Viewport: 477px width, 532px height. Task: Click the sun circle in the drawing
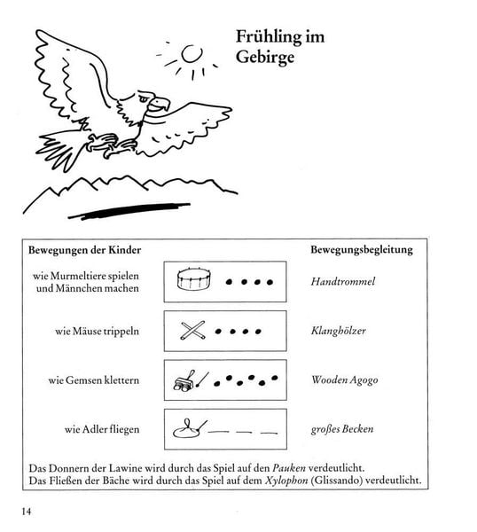click(x=192, y=54)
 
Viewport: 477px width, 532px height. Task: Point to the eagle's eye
click(x=143, y=98)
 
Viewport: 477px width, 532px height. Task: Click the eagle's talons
click(x=108, y=145)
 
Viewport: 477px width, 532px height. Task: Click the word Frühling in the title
click(x=268, y=37)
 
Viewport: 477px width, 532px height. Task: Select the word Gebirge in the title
click(x=265, y=57)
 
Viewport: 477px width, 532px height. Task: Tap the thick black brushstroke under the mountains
click(x=129, y=211)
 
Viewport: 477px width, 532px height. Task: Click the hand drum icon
click(x=194, y=279)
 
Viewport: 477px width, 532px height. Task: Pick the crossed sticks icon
click(x=192, y=331)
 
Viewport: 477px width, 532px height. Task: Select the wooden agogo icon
click(x=191, y=381)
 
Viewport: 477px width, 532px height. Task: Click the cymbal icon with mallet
click(x=190, y=429)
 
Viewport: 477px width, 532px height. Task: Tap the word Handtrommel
click(x=343, y=281)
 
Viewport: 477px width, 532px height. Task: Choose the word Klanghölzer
click(x=338, y=331)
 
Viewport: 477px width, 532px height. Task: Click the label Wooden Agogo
click(x=345, y=380)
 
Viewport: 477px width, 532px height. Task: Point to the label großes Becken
click(x=342, y=429)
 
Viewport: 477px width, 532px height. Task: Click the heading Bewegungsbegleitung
click(x=362, y=250)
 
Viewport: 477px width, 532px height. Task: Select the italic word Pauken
click(x=289, y=468)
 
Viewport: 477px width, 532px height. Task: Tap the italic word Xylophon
click(x=286, y=481)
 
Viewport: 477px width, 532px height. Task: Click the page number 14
click(x=27, y=512)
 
